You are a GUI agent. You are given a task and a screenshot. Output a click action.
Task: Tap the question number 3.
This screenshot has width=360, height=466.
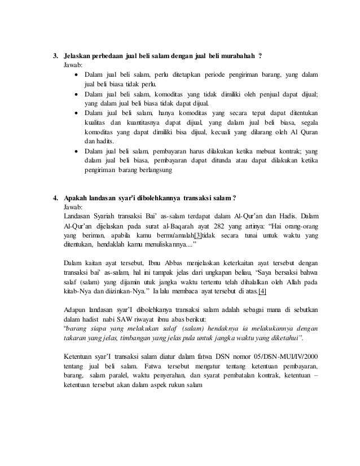tap(55, 57)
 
